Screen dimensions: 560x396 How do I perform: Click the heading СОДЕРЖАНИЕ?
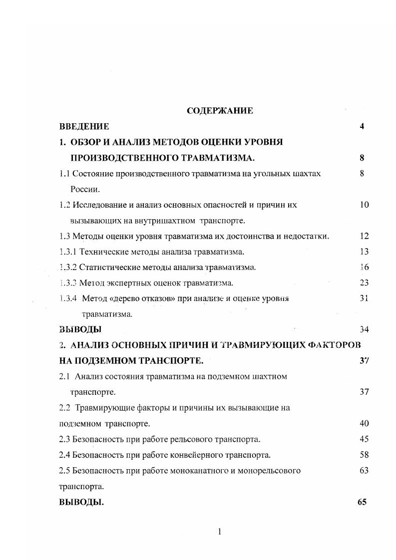point(220,111)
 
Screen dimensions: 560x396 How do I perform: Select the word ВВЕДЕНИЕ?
point(84,126)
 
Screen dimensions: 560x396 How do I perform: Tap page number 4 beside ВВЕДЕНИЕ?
point(362,126)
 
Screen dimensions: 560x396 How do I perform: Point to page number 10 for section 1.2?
point(364,205)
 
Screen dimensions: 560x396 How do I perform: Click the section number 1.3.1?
point(68,252)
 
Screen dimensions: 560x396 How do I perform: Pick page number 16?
point(364,267)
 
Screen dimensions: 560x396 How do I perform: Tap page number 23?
point(364,283)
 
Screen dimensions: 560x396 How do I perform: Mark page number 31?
point(364,298)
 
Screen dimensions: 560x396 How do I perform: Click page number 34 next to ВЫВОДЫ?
point(364,329)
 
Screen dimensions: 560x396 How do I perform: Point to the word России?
point(85,189)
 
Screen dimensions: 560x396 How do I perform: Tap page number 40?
point(364,423)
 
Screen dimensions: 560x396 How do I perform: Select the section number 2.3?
point(64,439)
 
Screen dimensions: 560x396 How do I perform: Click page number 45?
point(364,439)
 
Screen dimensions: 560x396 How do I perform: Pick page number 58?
point(364,455)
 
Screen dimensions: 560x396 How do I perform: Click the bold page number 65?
point(363,502)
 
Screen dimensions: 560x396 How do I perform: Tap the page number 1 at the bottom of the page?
point(220,532)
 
